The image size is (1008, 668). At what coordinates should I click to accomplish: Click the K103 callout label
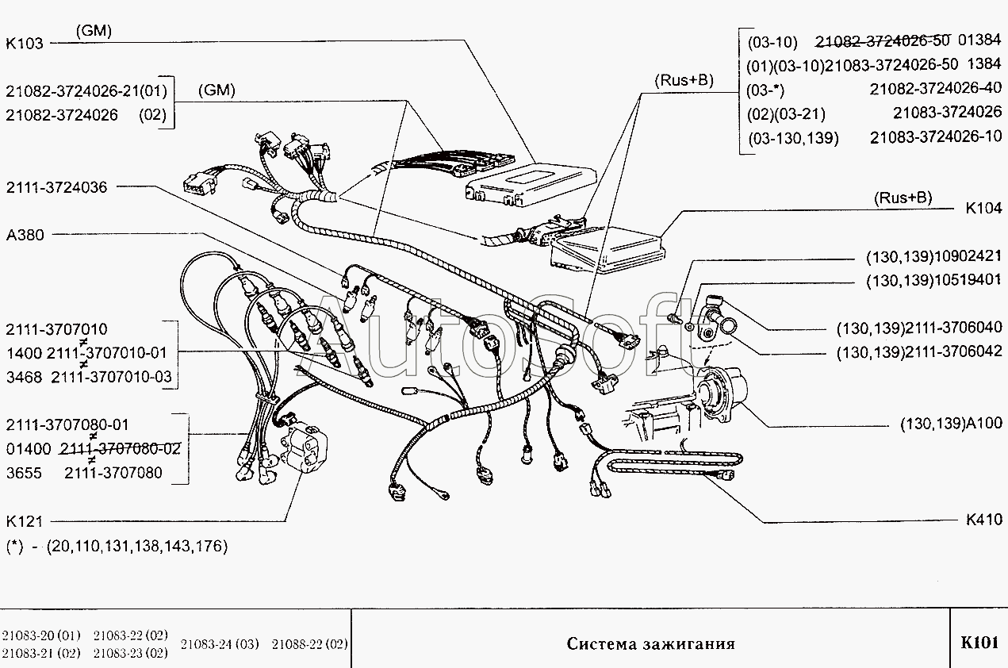tap(25, 44)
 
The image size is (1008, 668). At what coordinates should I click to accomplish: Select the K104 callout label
tap(983, 210)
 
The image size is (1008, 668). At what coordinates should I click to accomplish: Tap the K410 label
tap(983, 520)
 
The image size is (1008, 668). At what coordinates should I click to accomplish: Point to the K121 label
tap(25, 522)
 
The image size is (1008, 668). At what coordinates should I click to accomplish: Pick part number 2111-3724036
tap(56, 187)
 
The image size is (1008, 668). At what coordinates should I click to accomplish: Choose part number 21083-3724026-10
tap(936, 137)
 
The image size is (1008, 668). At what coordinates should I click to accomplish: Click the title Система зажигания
tap(650, 643)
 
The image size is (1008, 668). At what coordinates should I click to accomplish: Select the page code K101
tap(979, 643)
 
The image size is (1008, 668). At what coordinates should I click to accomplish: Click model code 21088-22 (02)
tap(309, 643)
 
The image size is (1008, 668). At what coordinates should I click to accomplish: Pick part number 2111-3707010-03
tap(110, 377)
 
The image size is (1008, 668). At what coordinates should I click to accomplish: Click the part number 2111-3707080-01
tap(67, 424)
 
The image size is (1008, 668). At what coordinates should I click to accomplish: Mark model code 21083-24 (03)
tap(220, 643)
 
